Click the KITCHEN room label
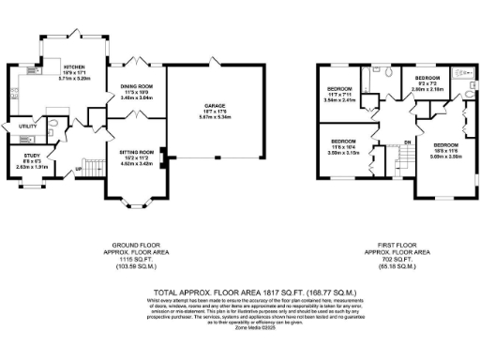click(x=75, y=67)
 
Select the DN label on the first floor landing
click(x=407, y=142)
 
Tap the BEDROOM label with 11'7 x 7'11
click(x=338, y=89)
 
